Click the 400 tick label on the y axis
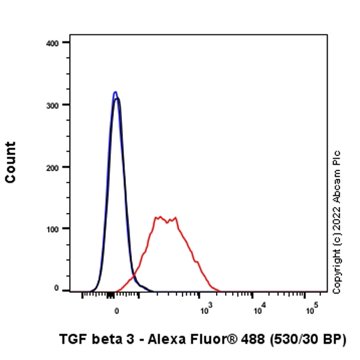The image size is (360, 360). [52, 43]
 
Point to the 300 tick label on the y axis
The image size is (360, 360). [52, 105]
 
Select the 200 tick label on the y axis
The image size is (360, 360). [52, 167]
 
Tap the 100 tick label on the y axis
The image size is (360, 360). [52, 229]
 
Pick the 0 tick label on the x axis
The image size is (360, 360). [116, 311]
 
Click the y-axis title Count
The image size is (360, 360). [10, 162]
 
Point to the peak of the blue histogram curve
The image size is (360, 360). [115, 92]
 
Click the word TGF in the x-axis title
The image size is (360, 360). [73, 339]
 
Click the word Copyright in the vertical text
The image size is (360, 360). [337, 271]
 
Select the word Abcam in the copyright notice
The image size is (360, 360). [337, 183]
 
